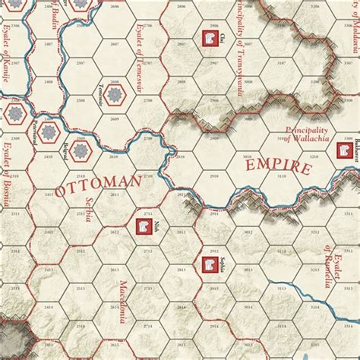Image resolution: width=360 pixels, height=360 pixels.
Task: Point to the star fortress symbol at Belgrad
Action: pyautogui.click(x=82, y=150)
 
